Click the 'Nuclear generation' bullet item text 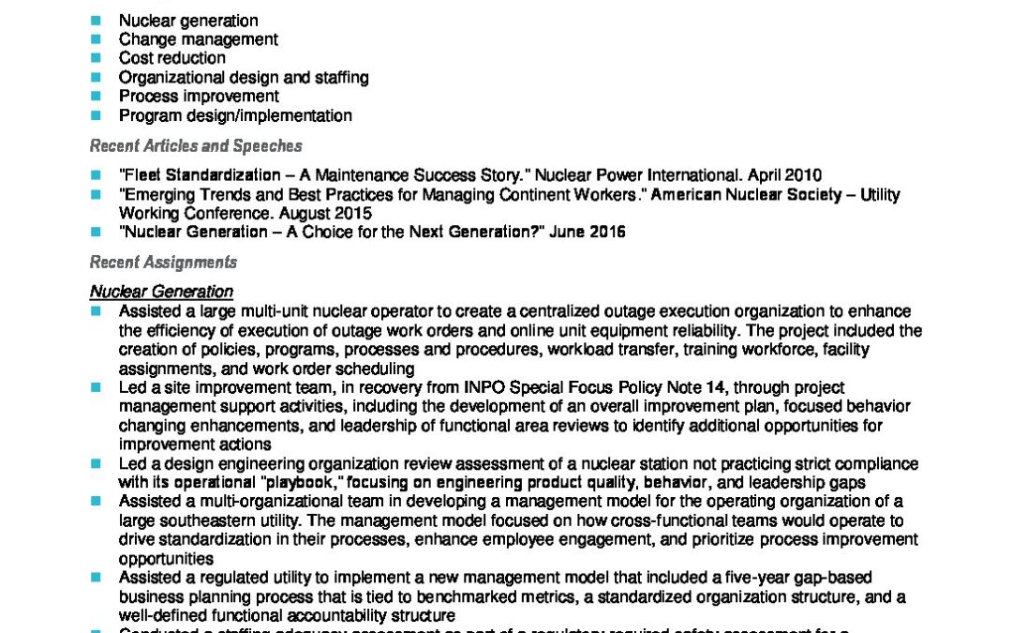coord(188,21)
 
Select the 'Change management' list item coord(198,39)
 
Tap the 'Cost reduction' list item coord(171,58)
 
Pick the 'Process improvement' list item coord(199,97)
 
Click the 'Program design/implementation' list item coord(235,116)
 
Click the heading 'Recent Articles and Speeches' coord(196,146)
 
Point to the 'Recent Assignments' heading coord(163,263)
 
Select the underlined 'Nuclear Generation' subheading coord(161,292)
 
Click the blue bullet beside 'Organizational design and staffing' coord(95,78)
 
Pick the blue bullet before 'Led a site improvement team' coord(95,387)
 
